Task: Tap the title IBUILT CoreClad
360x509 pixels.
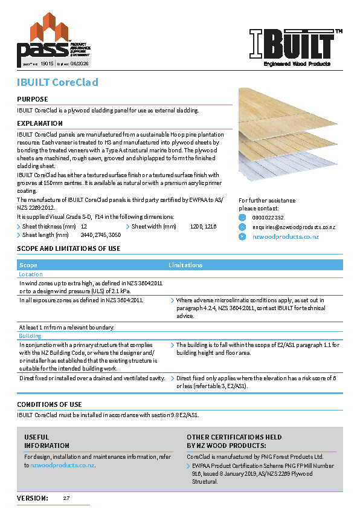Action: pos(57,82)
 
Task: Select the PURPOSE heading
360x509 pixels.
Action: pos(33,99)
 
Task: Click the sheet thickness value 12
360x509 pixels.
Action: pos(84,226)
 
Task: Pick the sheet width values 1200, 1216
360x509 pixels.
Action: pos(203,226)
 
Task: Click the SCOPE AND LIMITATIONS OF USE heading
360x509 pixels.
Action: pos(68,248)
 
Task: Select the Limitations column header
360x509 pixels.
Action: pos(185,265)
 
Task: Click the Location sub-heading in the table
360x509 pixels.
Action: pos(31,274)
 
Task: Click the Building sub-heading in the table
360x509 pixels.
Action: pos(30,336)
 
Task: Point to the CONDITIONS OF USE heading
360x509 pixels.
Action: pos(50,404)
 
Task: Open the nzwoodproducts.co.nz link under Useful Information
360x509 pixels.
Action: pos(62,465)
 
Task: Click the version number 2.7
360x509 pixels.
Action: pos(66,498)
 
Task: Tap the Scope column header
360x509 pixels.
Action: pos(28,265)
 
